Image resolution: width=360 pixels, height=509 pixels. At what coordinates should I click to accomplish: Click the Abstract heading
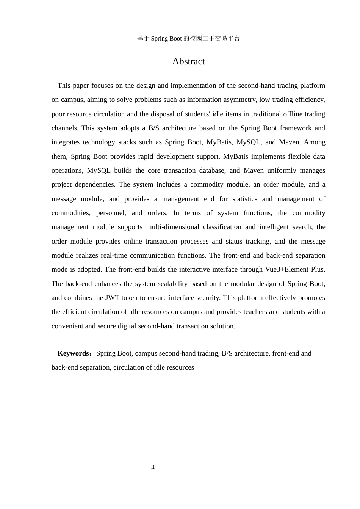(x=188, y=61)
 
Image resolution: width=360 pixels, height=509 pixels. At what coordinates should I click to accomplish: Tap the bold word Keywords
(x=74, y=353)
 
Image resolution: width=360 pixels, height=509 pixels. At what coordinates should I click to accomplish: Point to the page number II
(x=153, y=467)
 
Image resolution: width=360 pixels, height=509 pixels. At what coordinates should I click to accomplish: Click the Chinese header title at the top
(x=188, y=38)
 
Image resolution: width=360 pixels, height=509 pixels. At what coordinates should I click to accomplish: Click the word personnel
(x=111, y=213)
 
